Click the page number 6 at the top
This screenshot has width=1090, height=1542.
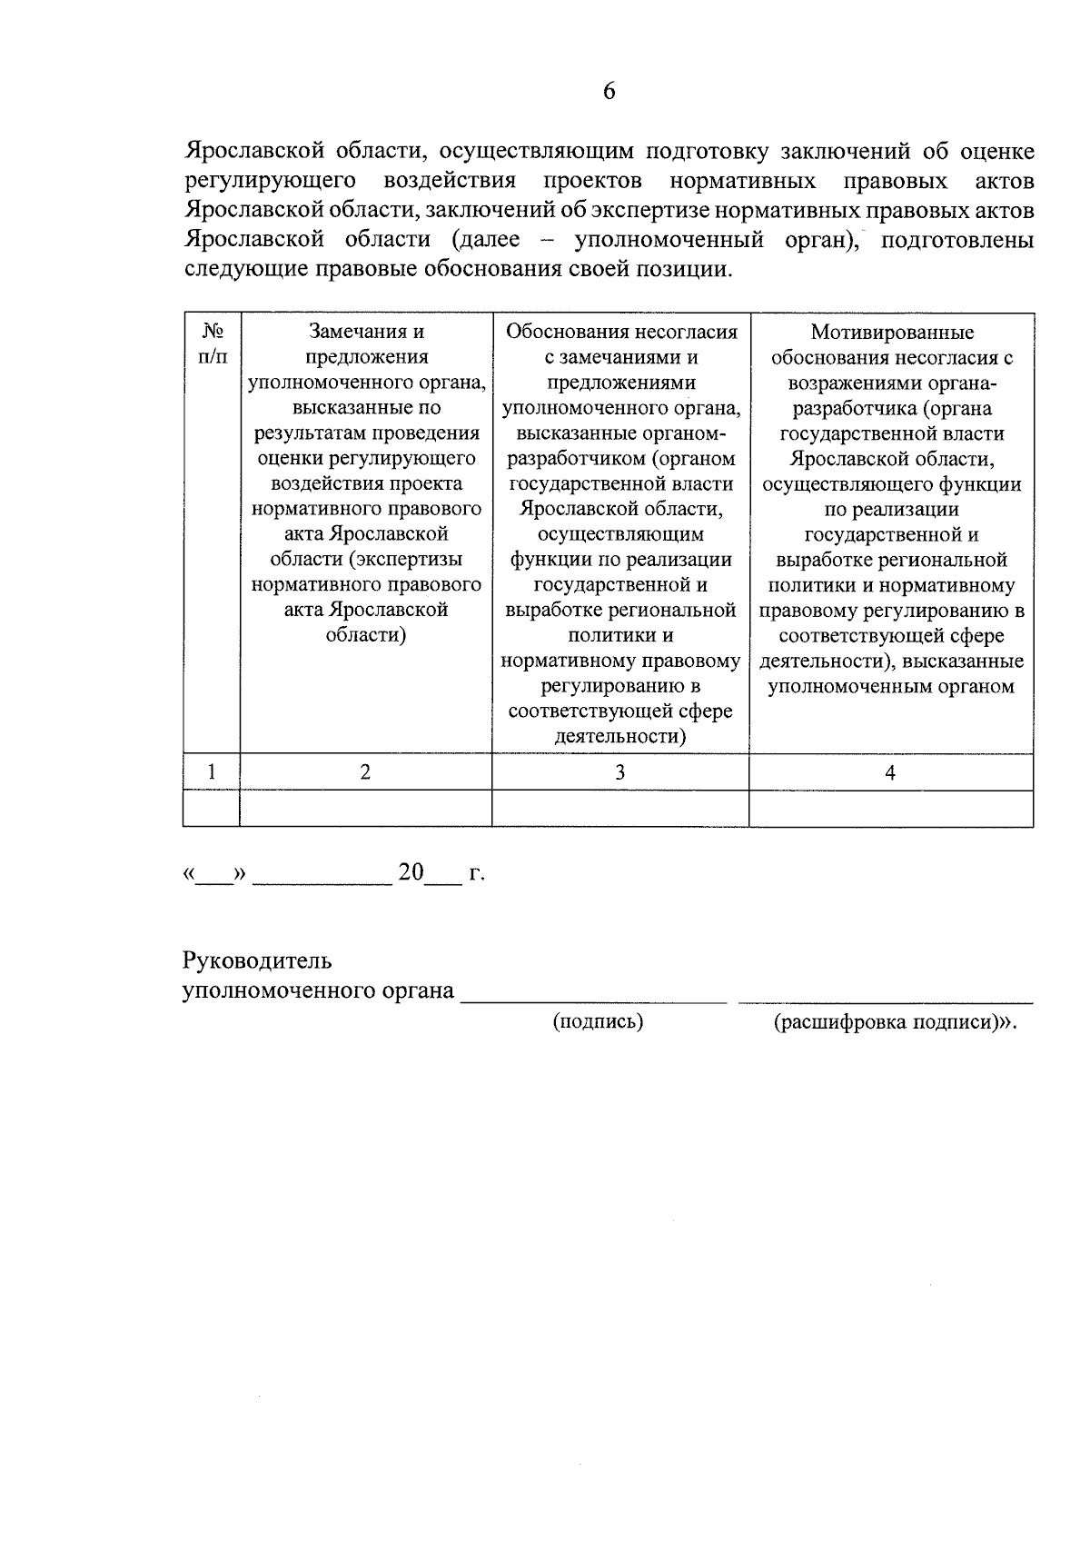point(609,91)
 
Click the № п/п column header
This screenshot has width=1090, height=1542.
point(212,344)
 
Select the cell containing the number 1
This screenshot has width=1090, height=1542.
point(212,772)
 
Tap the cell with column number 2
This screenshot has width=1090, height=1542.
point(365,772)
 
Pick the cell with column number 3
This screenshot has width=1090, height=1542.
point(619,772)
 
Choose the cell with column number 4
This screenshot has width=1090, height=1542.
point(890,772)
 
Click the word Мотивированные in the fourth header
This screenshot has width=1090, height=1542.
point(892,333)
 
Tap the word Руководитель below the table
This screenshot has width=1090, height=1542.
point(257,960)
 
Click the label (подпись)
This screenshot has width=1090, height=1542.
point(598,1021)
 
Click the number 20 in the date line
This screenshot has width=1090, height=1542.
point(411,873)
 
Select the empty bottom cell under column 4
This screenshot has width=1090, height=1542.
point(890,809)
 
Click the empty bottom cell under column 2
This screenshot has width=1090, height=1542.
point(365,809)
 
